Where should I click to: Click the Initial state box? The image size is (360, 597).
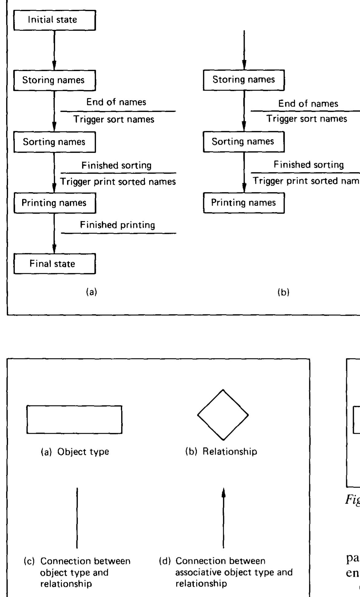(54, 20)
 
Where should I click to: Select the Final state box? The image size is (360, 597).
(54, 264)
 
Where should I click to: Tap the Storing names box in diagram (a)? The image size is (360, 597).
(54, 80)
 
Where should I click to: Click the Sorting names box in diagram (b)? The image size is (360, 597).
(243, 141)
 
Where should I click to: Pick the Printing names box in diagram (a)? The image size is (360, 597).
(54, 203)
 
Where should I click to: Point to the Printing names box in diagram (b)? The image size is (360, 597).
(243, 203)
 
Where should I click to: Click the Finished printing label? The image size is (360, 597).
(117, 225)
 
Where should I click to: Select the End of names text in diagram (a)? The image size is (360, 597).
(116, 102)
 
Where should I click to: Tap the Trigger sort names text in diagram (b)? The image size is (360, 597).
(307, 119)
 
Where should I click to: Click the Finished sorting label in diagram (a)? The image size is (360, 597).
(116, 166)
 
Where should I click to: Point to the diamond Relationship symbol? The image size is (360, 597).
(223, 415)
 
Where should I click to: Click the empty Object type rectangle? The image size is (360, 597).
(74, 419)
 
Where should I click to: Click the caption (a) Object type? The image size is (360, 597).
(75, 452)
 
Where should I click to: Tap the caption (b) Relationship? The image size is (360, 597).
(221, 451)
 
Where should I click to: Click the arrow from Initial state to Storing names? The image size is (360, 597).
(54, 49)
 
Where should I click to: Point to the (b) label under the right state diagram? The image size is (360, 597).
(283, 292)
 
